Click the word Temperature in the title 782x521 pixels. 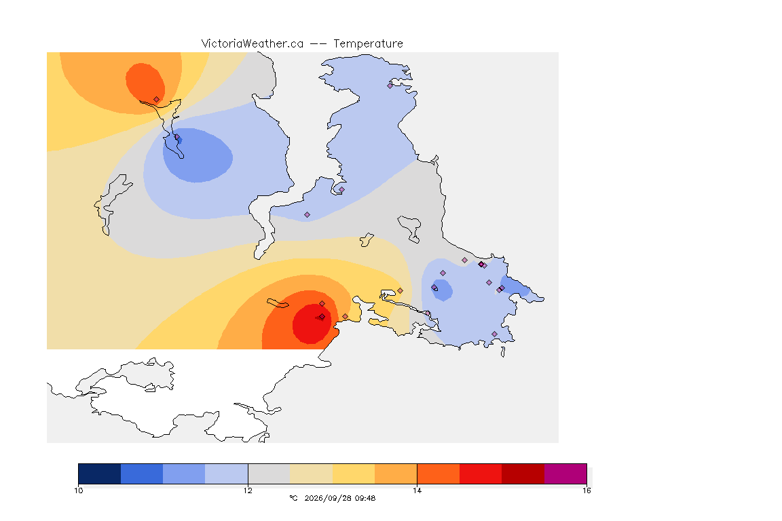click(368, 44)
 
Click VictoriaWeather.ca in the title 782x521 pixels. click(253, 44)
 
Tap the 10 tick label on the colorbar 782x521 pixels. click(79, 490)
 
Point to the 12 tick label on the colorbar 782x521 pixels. click(248, 490)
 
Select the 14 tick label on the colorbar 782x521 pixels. click(417, 490)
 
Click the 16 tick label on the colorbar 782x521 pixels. click(586, 490)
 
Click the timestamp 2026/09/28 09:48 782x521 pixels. click(339, 498)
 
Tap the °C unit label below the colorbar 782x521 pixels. click(293, 498)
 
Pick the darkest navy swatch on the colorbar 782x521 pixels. click(99, 474)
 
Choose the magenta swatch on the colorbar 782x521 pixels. click(565, 474)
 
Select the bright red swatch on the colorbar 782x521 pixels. click(481, 474)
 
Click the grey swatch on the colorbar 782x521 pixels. click(269, 474)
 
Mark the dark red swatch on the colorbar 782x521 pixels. click(523, 474)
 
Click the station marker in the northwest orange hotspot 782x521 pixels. click(157, 100)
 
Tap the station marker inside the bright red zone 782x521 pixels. click(322, 317)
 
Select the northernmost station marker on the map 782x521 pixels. click(390, 85)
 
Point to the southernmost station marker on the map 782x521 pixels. click(494, 334)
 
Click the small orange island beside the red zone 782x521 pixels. click(278, 303)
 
